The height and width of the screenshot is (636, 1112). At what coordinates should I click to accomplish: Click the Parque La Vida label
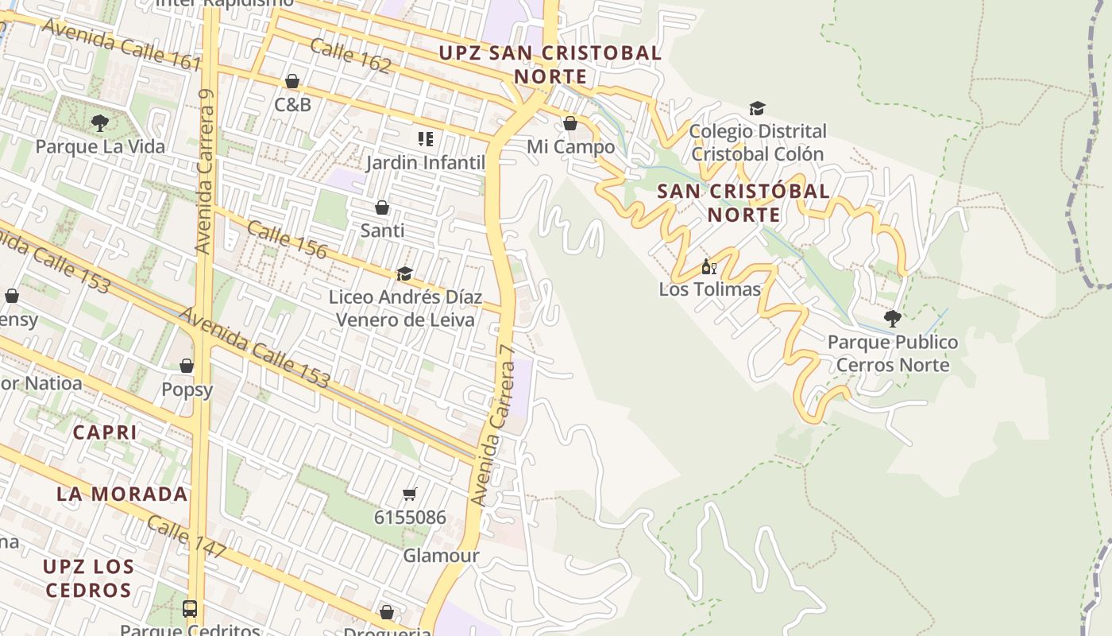(x=100, y=146)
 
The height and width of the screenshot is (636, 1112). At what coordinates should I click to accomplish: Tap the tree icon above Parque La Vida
(x=100, y=122)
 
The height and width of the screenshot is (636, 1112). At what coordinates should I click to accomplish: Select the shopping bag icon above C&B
(x=292, y=81)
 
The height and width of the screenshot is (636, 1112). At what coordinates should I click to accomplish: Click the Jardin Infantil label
(x=426, y=163)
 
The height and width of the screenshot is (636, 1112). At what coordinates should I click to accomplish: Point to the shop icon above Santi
(x=382, y=207)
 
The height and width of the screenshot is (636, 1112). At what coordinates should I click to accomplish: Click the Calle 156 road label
(x=287, y=239)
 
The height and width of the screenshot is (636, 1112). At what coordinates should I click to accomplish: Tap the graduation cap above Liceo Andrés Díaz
(x=404, y=274)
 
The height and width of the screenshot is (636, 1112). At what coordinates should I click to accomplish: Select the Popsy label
(x=187, y=390)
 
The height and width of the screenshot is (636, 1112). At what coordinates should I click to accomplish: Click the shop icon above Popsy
(x=187, y=366)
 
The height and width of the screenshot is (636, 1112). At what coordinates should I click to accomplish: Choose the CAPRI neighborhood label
(x=105, y=432)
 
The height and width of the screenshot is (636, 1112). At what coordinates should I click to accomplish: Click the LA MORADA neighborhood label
(x=122, y=494)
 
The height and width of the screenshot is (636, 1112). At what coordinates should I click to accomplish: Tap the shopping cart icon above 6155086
(x=410, y=494)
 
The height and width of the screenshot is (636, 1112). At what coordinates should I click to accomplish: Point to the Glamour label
(x=441, y=556)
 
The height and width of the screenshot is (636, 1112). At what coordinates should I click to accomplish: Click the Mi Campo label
(x=570, y=147)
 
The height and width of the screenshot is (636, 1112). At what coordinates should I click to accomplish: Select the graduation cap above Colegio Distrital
(x=757, y=108)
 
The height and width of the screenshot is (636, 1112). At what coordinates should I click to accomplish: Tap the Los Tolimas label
(x=709, y=289)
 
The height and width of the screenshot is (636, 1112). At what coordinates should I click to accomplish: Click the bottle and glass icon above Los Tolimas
(x=709, y=267)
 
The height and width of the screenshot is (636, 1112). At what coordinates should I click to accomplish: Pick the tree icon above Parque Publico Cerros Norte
(x=892, y=319)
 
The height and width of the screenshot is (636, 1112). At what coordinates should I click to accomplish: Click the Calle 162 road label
(x=350, y=56)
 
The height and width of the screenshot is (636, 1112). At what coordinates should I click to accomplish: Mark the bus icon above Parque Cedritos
(x=190, y=609)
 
